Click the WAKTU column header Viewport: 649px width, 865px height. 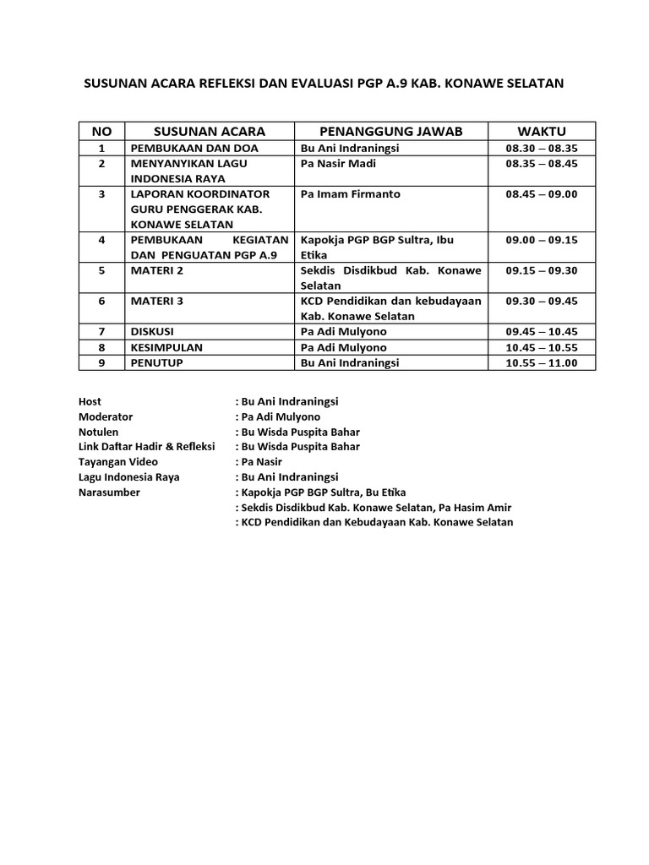coord(541,131)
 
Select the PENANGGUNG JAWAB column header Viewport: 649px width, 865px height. coord(391,131)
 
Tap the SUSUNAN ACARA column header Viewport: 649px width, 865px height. coord(210,131)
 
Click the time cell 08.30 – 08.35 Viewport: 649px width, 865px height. coord(541,148)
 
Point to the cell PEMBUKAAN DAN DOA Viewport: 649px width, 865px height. coord(193,148)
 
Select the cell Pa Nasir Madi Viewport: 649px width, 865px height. coord(338,164)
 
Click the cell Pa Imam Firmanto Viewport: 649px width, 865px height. coord(351,194)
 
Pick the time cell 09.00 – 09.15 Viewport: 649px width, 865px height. coord(541,240)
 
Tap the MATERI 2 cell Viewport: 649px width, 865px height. coord(155,270)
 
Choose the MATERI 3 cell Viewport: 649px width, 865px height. coord(155,301)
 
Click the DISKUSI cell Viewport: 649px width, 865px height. coord(153,332)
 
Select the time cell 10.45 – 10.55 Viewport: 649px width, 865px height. coord(541,347)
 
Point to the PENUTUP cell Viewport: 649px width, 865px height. coord(155,363)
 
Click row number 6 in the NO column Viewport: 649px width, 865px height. coord(101,301)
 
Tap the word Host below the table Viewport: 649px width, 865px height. coord(90,401)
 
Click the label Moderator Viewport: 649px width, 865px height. coord(106,416)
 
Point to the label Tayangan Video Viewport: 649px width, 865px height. coord(118,462)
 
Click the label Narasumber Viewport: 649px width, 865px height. coord(109,492)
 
